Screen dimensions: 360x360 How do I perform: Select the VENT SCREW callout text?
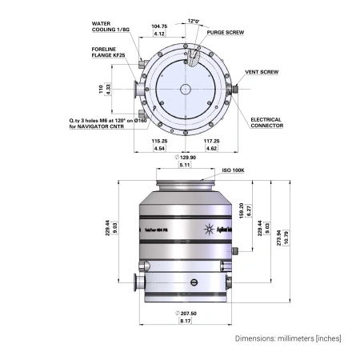pos(261,72)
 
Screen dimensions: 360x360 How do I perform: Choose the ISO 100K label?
pos(233,171)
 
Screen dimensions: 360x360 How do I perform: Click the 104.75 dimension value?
pos(159,26)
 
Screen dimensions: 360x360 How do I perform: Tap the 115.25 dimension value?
pos(159,140)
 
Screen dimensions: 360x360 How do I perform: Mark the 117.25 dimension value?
pos(212,140)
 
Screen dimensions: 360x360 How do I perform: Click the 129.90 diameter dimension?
pos(185,158)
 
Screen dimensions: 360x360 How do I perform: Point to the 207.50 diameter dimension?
pos(185,314)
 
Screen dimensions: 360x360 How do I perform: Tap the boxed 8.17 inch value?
pos(185,321)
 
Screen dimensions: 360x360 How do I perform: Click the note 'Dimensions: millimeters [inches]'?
pos(287,338)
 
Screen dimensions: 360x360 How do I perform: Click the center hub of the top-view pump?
pos(186,90)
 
